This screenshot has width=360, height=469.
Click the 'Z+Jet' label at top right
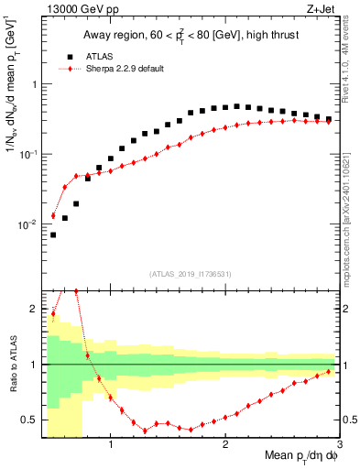click(324, 10)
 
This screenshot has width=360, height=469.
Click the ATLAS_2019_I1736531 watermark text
click(191, 274)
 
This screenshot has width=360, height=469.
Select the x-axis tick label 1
click(111, 445)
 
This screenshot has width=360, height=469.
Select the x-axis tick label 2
click(225, 445)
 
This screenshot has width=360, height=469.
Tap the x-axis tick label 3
click(338, 445)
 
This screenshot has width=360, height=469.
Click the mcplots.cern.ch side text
click(354, 206)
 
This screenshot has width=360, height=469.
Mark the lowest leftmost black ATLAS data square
click(53, 234)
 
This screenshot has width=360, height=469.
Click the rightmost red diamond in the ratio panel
click(329, 371)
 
